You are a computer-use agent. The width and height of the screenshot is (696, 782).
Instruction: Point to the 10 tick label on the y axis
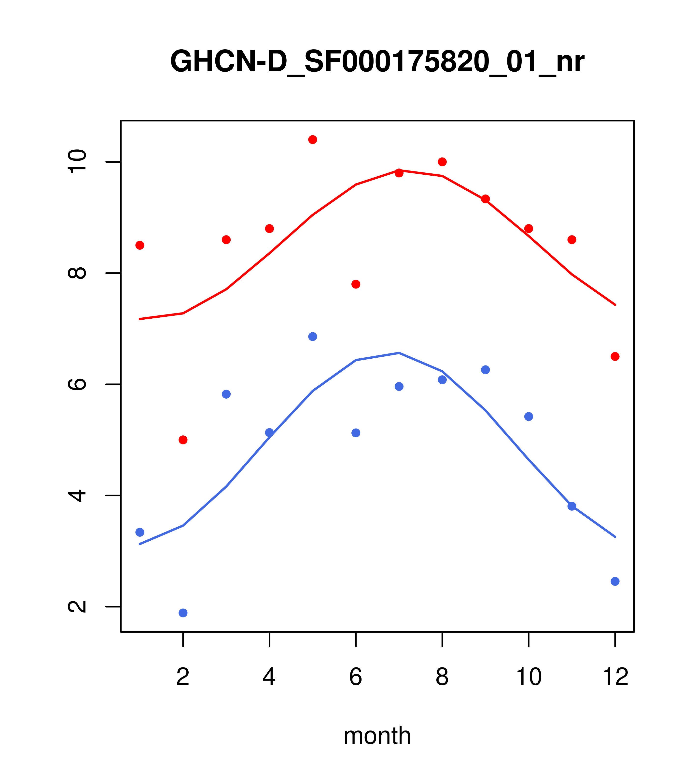[x=77, y=162]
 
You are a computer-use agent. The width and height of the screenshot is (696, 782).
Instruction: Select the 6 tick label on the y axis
[x=77, y=384]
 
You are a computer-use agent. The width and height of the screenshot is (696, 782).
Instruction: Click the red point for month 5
[x=313, y=140]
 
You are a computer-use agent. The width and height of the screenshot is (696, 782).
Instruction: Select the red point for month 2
[x=183, y=440]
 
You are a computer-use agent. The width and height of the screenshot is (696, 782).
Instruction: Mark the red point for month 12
[x=615, y=357]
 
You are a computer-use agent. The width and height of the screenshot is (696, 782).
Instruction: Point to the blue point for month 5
[x=313, y=337]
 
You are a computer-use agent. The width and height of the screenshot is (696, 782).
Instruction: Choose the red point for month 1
[x=140, y=245]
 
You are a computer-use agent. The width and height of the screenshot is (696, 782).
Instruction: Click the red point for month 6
[x=356, y=284]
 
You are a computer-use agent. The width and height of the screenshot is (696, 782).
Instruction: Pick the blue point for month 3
[x=226, y=394]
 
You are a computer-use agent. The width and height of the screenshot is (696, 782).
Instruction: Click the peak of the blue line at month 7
[x=399, y=353]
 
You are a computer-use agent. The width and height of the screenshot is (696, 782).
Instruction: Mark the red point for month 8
[x=442, y=162]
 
